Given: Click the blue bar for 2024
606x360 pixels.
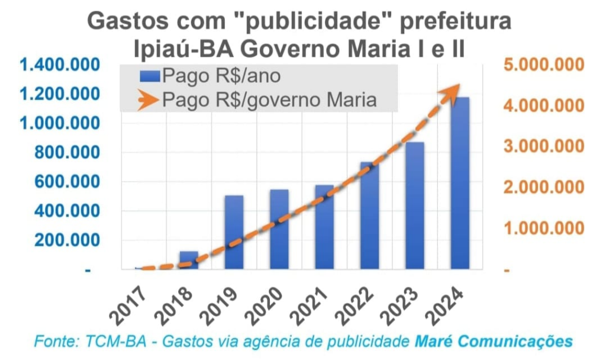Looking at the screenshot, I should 459,184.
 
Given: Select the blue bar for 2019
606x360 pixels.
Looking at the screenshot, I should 234,232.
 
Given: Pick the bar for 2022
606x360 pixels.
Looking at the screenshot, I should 369,216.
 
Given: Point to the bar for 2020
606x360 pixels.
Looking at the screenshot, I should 279,230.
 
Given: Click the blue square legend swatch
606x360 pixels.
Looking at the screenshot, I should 150,76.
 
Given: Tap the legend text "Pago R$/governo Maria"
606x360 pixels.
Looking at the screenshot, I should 269,100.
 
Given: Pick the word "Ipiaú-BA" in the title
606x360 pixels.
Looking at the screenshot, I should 181,48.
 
